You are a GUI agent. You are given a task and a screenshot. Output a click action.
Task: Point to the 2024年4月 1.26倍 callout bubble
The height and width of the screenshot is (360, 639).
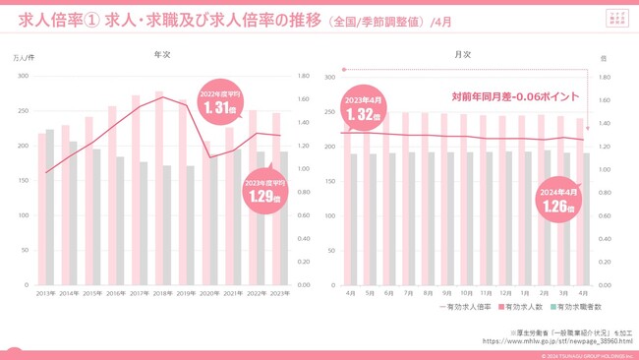[556, 201]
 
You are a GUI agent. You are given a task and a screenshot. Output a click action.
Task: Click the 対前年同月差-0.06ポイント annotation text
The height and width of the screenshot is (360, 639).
[514, 96]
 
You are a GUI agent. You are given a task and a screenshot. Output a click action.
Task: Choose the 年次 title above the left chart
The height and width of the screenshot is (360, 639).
[163, 56]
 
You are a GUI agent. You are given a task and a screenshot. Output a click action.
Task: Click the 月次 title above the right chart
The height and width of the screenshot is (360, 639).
[462, 56]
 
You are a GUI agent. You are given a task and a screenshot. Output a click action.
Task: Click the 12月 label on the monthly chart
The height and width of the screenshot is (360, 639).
[503, 293]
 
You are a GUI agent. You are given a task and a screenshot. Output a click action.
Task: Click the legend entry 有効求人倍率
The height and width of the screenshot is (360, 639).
[468, 307]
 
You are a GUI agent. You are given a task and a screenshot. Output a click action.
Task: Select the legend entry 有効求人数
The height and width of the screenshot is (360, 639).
[521, 307]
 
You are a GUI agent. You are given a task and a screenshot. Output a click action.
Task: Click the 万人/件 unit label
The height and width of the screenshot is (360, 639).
[23, 59]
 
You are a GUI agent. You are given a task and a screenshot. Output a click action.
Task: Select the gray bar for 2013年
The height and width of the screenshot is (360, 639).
[50, 208]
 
